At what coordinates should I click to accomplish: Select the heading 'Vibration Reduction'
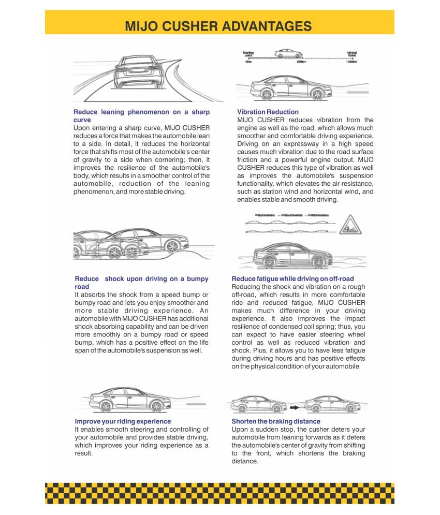click(x=268, y=112)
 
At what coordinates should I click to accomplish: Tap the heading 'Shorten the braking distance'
click(x=275, y=421)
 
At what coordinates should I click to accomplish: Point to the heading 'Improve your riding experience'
click(x=123, y=421)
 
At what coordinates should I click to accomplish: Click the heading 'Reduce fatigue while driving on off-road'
click(x=292, y=279)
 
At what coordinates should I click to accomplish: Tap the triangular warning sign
click(x=351, y=225)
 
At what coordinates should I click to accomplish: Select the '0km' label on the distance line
click(x=248, y=62)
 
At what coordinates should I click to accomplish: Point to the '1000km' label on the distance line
click(x=351, y=62)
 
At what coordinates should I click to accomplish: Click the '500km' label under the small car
click(x=301, y=62)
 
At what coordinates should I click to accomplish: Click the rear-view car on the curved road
click(x=136, y=74)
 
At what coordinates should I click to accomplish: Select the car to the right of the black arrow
click(x=331, y=404)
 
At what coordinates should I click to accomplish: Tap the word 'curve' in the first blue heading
click(x=82, y=120)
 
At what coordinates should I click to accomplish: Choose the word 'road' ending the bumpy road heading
click(x=82, y=287)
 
